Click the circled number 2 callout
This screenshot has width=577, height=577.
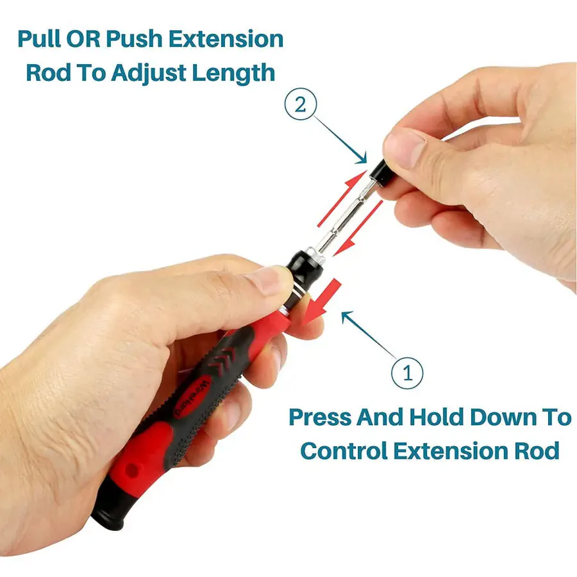[x=300, y=105]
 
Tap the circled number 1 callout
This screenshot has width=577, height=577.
[x=406, y=372]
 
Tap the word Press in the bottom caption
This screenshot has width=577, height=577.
[x=319, y=417]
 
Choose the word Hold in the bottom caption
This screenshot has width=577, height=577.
[x=434, y=417]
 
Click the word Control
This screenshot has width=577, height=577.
[x=343, y=450]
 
